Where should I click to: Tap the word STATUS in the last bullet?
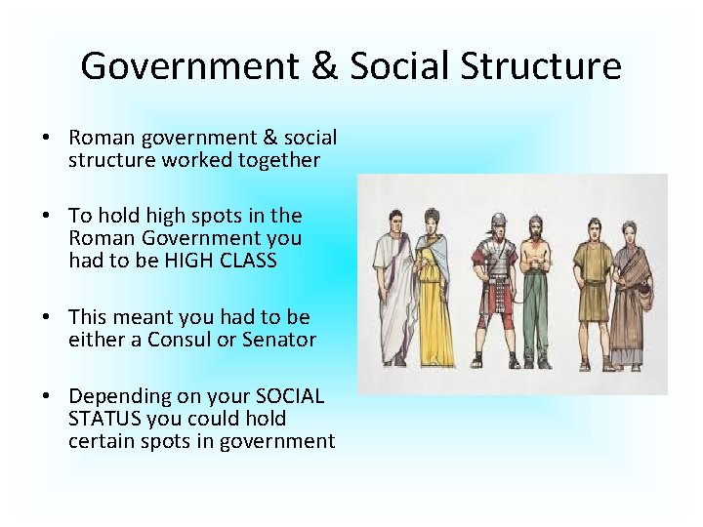click(105, 419)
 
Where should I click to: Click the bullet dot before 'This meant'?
click(47, 317)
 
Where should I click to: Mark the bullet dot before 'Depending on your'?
click(47, 396)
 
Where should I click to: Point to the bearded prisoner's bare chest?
click(535, 259)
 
